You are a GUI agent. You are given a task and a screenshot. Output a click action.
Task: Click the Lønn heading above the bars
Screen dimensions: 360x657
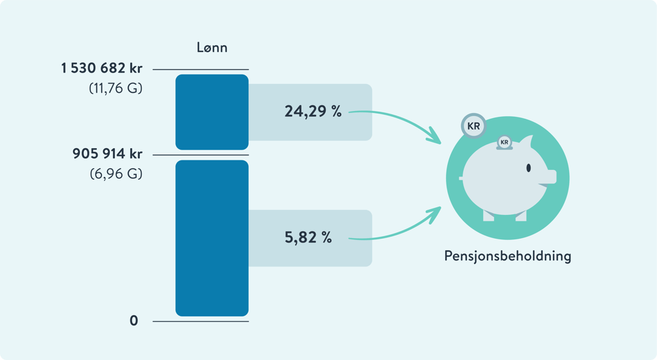pyautogui.click(x=212, y=47)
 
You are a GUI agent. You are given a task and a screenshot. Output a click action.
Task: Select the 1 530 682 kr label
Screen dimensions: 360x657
pyautogui.click(x=101, y=69)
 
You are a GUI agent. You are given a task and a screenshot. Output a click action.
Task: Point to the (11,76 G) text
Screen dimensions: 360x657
pyautogui.click(x=115, y=89)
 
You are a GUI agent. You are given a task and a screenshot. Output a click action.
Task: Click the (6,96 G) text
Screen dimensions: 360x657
pyautogui.click(x=115, y=174)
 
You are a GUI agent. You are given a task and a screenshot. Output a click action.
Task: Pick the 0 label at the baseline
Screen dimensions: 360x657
pyautogui.click(x=133, y=320)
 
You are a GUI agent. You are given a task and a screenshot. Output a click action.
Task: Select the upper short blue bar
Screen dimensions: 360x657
pyautogui.click(x=212, y=112)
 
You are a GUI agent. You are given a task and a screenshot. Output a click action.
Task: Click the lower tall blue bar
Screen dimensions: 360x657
pyautogui.click(x=212, y=237)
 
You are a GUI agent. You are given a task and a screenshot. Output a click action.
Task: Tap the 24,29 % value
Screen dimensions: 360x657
pyautogui.click(x=313, y=112)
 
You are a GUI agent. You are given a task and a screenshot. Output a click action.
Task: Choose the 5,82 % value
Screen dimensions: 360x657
pyautogui.click(x=309, y=238)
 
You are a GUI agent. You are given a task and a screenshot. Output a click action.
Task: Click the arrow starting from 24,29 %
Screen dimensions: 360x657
pyautogui.click(x=398, y=119)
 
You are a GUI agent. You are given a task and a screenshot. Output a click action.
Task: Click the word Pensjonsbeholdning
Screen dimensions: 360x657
pyautogui.click(x=508, y=257)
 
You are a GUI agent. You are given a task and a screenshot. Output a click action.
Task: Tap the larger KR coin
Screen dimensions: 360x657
pyautogui.click(x=474, y=126)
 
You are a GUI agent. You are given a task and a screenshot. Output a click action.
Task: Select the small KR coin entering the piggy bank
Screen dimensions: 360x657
pyautogui.click(x=504, y=142)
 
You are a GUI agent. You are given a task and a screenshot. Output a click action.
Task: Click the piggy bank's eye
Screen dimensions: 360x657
pyautogui.click(x=529, y=168)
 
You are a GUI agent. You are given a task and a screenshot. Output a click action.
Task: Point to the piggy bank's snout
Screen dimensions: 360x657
pyautogui.click(x=550, y=175)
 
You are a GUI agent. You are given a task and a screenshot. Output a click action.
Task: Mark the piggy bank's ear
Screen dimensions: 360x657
pyautogui.click(x=527, y=142)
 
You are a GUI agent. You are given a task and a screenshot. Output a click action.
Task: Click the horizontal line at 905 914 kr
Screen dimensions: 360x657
pyautogui.click(x=200, y=155)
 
